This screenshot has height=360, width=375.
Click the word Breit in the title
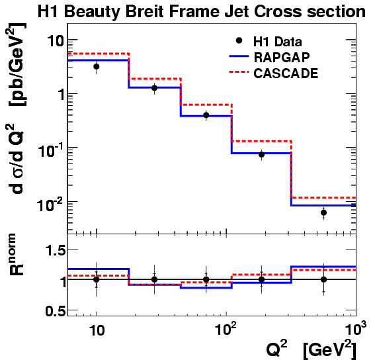click(x=146, y=11)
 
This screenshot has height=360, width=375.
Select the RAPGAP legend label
click(x=282, y=58)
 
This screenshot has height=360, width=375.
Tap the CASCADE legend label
click(x=286, y=73)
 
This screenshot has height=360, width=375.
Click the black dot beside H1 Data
click(x=239, y=40)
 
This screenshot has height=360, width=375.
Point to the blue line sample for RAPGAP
click(x=239, y=56)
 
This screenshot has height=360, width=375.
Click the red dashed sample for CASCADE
click(x=239, y=72)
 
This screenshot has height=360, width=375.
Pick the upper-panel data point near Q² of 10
click(x=97, y=67)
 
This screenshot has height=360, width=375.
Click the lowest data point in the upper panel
click(x=323, y=212)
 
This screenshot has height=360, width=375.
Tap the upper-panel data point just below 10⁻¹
click(x=261, y=155)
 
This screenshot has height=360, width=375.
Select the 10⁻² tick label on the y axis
click(x=50, y=204)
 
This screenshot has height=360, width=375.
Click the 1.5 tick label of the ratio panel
click(x=56, y=251)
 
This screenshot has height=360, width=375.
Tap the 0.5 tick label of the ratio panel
click(x=56, y=312)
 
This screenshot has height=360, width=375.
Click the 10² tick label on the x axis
click(x=226, y=329)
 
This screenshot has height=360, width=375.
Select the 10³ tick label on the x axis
click(x=356, y=329)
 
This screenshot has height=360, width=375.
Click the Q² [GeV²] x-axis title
click(x=312, y=350)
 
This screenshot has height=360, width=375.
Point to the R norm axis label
click(x=17, y=254)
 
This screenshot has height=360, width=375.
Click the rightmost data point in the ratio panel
click(x=323, y=279)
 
